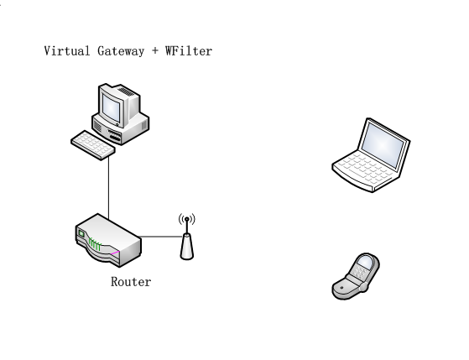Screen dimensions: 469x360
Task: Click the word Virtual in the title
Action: pyautogui.click(x=67, y=51)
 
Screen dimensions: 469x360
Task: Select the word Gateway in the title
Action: pyautogui.click(x=121, y=51)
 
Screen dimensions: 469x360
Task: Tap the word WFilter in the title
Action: pyautogui.click(x=189, y=51)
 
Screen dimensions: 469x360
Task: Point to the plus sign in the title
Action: pyautogui.click(x=155, y=51)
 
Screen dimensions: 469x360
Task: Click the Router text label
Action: pyautogui.click(x=131, y=282)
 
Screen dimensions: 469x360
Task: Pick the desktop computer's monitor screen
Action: pyautogui.click(x=111, y=107)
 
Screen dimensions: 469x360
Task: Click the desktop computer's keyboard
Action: pyautogui.click(x=93, y=145)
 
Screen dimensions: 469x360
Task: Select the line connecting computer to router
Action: pyautogui.click(x=108, y=188)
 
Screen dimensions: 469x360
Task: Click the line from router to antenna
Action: pyautogui.click(x=161, y=237)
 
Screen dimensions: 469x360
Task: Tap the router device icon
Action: pyautogui.click(x=108, y=240)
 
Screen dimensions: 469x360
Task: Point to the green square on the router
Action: pyautogui.click(x=81, y=233)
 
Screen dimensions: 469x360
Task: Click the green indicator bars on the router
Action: pyautogui.click(x=95, y=244)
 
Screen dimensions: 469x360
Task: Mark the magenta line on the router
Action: pyautogui.click(x=115, y=253)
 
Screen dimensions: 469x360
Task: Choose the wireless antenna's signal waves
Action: pyautogui.click(x=187, y=219)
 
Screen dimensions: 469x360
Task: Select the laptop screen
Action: pyautogui.click(x=383, y=145)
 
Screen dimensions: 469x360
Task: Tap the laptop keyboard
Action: pyautogui.click(x=367, y=168)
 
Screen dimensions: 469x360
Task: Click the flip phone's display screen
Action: pyautogui.click(x=366, y=263)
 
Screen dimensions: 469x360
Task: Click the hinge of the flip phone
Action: pyautogui.click(x=363, y=288)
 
